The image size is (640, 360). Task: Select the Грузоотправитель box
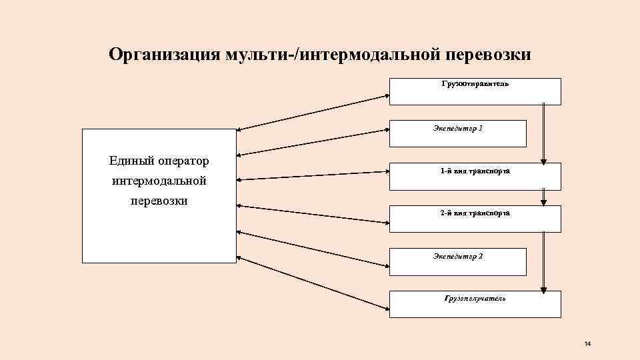[475, 91]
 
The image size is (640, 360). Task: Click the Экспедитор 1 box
[457, 133]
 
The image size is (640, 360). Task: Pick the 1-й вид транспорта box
[475, 176]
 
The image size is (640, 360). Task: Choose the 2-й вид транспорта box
[475, 219]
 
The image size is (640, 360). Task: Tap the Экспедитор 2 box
[457, 261]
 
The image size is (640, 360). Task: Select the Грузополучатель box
[475, 304]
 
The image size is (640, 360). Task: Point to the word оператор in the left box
[183, 161]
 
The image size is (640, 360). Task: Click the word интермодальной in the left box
[159, 181]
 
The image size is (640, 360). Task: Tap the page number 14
[587, 343]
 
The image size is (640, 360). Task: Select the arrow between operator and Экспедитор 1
[313, 141]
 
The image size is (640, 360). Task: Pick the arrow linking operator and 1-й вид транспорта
[313, 175]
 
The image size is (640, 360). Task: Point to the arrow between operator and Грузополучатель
[313, 282]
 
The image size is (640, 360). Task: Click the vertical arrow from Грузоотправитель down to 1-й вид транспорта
[543, 133]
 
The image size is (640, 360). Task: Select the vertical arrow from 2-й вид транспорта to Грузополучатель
[543, 261]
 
